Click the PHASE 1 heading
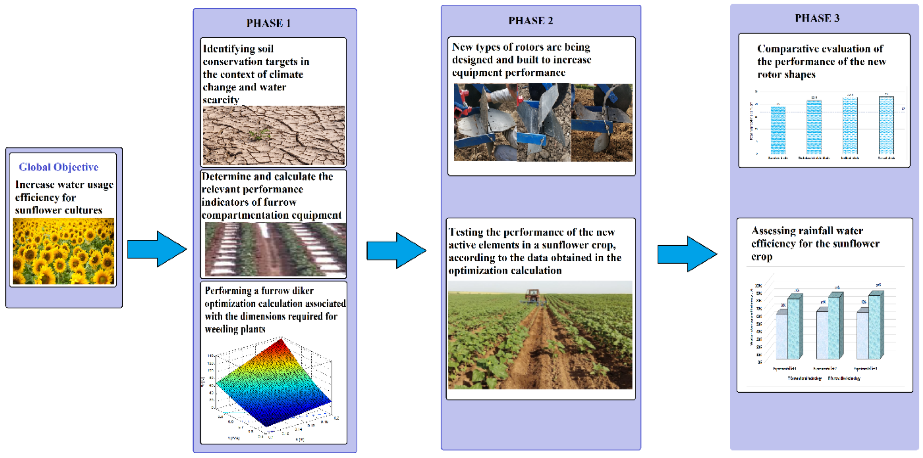[268, 23]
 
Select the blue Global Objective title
[59, 167]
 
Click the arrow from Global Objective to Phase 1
[157, 249]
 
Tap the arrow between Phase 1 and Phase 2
[396, 251]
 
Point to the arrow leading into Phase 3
[687, 254]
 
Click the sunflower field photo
[63, 251]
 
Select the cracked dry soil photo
[274, 135]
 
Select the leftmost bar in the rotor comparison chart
[778, 130]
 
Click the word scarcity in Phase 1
[221, 100]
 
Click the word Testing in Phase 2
[466, 232]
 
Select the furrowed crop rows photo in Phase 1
[275, 249]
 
